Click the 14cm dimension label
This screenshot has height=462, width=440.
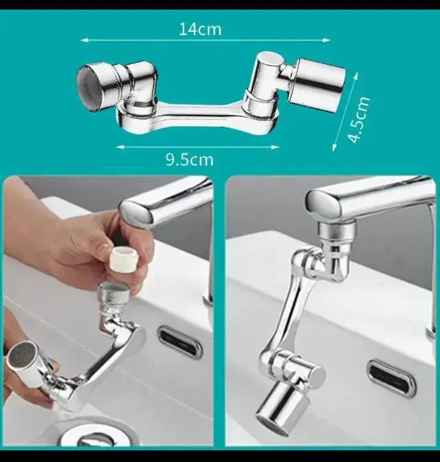[200, 29]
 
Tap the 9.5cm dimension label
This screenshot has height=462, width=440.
[190, 160]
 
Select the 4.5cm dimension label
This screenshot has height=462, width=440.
[358, 119]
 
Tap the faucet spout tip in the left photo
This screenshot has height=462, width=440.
[135, 210]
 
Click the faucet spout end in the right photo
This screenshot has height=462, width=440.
[324, 204]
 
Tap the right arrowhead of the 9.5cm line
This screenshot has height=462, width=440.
[275, 147]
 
